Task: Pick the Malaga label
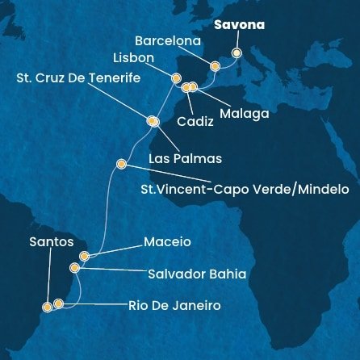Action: [243, 114]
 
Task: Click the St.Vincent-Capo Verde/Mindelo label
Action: [245, 190]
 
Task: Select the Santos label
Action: [51, 241]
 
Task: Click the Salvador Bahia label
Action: [197, 274]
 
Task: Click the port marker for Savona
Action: [237, 52]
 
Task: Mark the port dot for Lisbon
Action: [176, 78]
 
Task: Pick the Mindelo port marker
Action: [121, 164]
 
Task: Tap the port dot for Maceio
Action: [84, 256]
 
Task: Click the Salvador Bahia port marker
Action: [75, 267]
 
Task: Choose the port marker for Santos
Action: [47, 306]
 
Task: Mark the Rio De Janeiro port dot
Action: [58, 303]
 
